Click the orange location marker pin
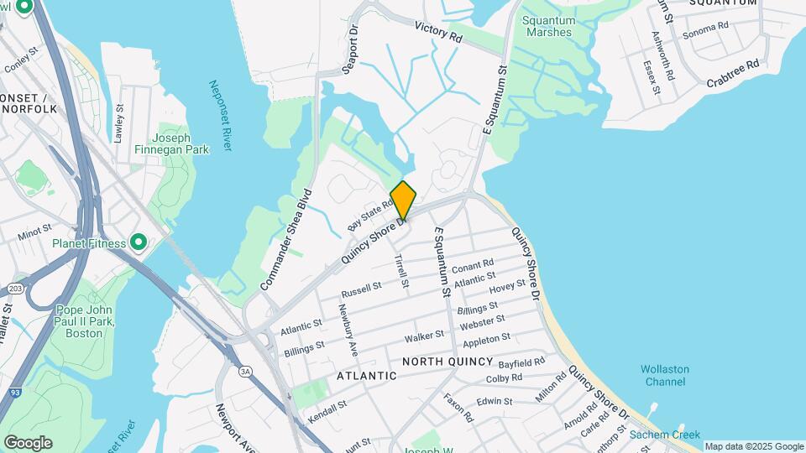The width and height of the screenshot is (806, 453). (403, 200)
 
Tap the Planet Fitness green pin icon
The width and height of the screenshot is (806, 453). (139, 243)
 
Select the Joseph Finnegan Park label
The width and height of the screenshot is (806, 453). (172, 144)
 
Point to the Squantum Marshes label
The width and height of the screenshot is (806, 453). (548, 26)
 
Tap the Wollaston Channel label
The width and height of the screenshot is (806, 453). (664, 375)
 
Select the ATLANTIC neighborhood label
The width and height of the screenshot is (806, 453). (367, 376)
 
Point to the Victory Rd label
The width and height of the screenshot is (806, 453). (438, 33)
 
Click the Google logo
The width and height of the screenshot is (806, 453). (28, 442)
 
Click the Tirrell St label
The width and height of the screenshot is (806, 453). (401, 272)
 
